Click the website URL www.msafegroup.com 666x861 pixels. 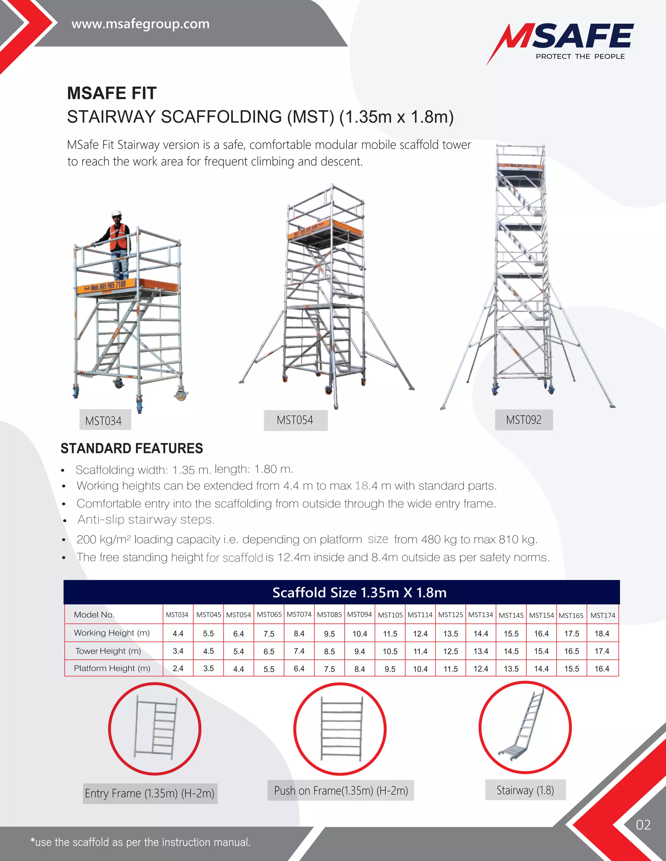(x=140, y=24)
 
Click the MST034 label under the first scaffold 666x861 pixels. (x=104, y=421)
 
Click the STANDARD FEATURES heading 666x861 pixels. (x=132, y=448)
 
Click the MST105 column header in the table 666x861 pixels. (x=390, y=615)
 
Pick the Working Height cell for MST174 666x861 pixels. (x=602, y=634)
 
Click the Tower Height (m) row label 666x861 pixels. (x=108, y=651)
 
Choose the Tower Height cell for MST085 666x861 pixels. (x=329, y=651)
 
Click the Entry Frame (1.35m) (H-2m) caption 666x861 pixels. (x=150, y=793)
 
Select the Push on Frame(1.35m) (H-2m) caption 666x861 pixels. (x=341, y=790)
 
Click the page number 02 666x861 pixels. (x=643, y=825)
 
